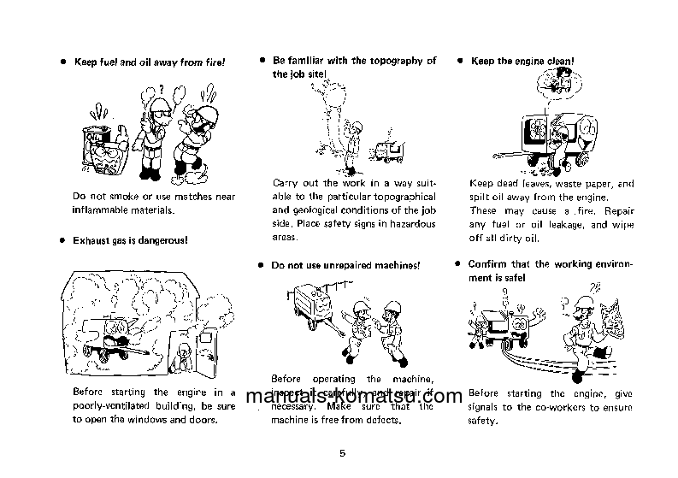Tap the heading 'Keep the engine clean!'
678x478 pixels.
pyautogui.click(x=522, y=62)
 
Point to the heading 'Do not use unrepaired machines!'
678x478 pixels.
pyautogui.click(x=345, y=266)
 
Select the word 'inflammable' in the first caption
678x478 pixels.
pyautogui.click(x=105, y=209)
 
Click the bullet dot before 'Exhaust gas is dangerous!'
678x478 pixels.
pyautogui.click(x=62, y=241)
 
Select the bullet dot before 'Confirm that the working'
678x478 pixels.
pyautogui.click(x=458, y=264)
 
